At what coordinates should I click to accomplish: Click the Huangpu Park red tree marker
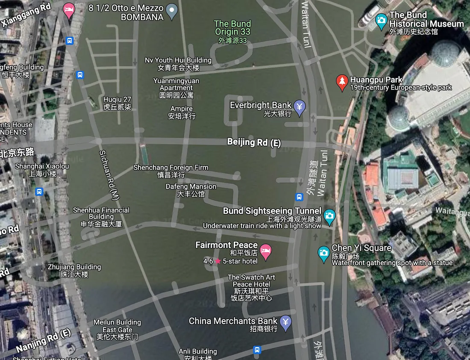[341, 82]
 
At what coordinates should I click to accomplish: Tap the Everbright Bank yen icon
[300, 107]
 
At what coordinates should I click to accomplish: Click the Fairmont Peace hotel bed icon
[265, 251]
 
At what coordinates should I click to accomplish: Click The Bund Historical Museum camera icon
[381, 20]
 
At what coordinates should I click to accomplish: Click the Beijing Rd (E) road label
[254, 142]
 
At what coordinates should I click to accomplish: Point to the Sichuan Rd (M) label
[108, 175]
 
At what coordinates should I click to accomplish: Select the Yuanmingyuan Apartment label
[176, 87]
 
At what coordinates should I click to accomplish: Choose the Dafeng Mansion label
[191, 190]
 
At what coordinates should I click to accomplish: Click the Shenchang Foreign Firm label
[171, 171]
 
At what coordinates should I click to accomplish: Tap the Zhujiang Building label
[74, 270]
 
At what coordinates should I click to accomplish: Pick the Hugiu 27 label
[117, 103]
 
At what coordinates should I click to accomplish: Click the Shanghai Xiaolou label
[42, 170]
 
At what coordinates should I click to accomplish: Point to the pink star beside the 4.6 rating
[218, 261]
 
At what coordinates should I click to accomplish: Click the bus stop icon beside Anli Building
[257, 350]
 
